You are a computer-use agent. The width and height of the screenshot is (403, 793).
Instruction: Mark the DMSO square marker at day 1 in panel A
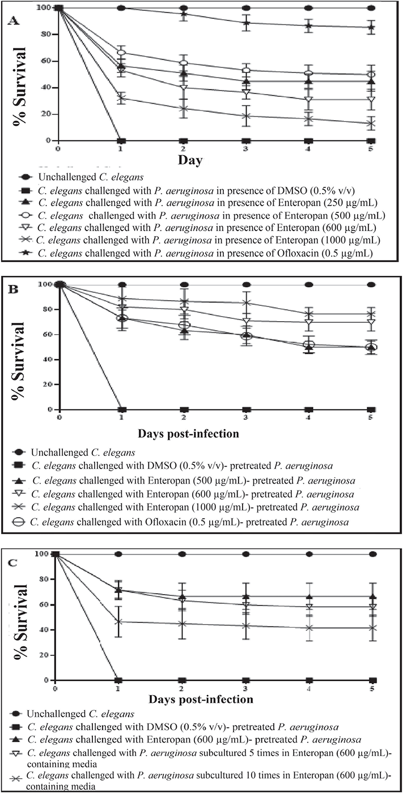point(120,140)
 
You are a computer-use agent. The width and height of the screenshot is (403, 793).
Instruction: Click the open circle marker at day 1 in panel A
point(120,53)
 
